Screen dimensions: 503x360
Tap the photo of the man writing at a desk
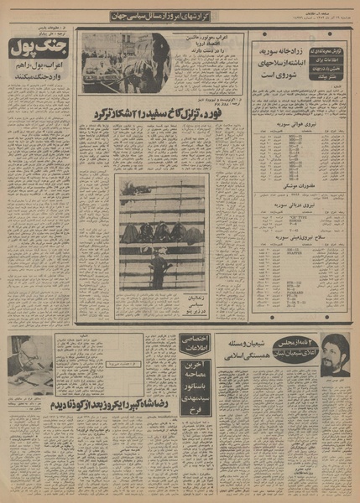tap(27, 360)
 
